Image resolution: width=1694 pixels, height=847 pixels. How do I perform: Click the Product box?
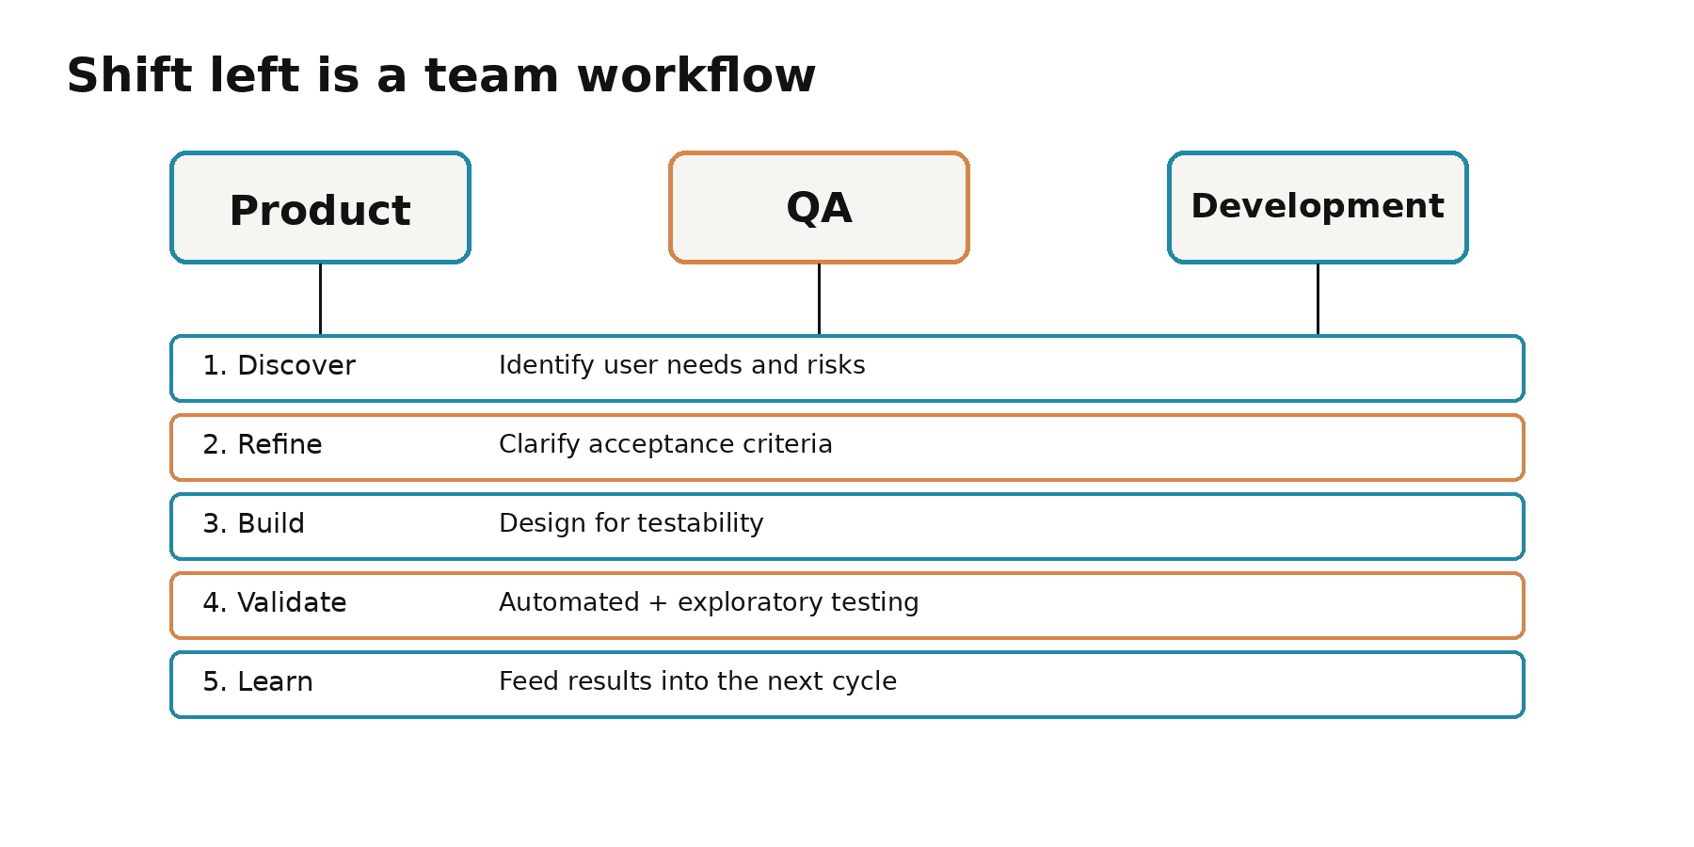[x=320, y=207]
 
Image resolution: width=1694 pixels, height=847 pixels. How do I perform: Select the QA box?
[x=819, y=207]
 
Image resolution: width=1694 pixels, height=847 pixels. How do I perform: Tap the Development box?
[x=1318, y=207]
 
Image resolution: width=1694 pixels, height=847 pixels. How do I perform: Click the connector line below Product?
[x=320, y=299]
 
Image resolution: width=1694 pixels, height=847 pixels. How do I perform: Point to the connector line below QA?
[x=819, y=299]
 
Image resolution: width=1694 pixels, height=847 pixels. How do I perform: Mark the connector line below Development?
[x=1318, y=299]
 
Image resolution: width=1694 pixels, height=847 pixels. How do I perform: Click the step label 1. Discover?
[x=279, y=365]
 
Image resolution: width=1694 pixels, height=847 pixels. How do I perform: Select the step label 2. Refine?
[x=262, y=444]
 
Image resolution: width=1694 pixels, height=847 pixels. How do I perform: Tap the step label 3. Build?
[x=253, y=523]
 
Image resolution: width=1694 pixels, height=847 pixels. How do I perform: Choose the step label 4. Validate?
[x=274, y=602]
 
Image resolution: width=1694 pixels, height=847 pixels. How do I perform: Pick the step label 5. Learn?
[x=257, y=681]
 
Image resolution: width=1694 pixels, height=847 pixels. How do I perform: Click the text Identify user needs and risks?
[x=681, y=365]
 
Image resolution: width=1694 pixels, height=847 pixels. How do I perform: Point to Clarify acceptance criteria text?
[x=665, y=444]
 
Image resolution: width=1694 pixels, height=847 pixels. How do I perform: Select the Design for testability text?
[x=631, y=523]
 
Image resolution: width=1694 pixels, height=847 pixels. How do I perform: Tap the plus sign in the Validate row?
[x=658, y=603]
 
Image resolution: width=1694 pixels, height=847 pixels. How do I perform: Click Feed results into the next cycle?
[x=697, y=681]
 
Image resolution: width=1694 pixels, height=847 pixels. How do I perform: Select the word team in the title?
[x=491, y=77]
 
